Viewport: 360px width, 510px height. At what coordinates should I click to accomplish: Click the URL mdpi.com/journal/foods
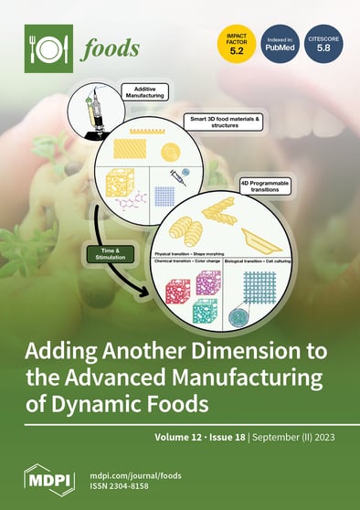point(133,473)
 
